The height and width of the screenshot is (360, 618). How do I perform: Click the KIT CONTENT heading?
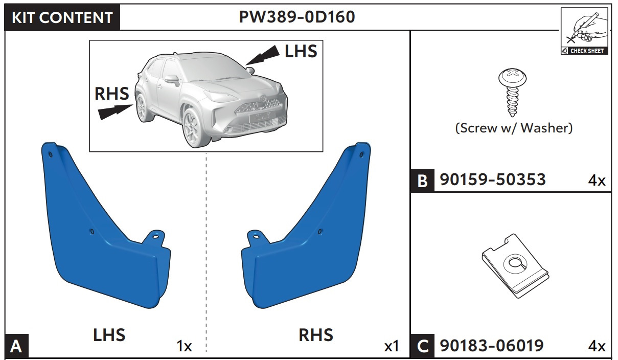tap(62, 18)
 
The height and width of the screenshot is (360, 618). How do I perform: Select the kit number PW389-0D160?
tap(297, 17)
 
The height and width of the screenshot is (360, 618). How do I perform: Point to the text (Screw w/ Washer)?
tap(514, 128)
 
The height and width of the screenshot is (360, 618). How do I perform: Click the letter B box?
tap(422, 181)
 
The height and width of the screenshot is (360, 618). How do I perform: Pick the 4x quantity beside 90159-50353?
tap(596, 181)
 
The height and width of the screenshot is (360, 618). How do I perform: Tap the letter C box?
tap(423, 347)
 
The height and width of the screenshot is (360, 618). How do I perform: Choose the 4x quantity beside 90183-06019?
tap(596, 347)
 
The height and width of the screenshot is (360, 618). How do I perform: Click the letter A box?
tap(16, 347)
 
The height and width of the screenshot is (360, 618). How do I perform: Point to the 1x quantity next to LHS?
tap(184, 347)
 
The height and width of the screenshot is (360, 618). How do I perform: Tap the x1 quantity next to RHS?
tap(392, 347)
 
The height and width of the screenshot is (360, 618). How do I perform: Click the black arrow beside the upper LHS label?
tap(265, 55)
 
